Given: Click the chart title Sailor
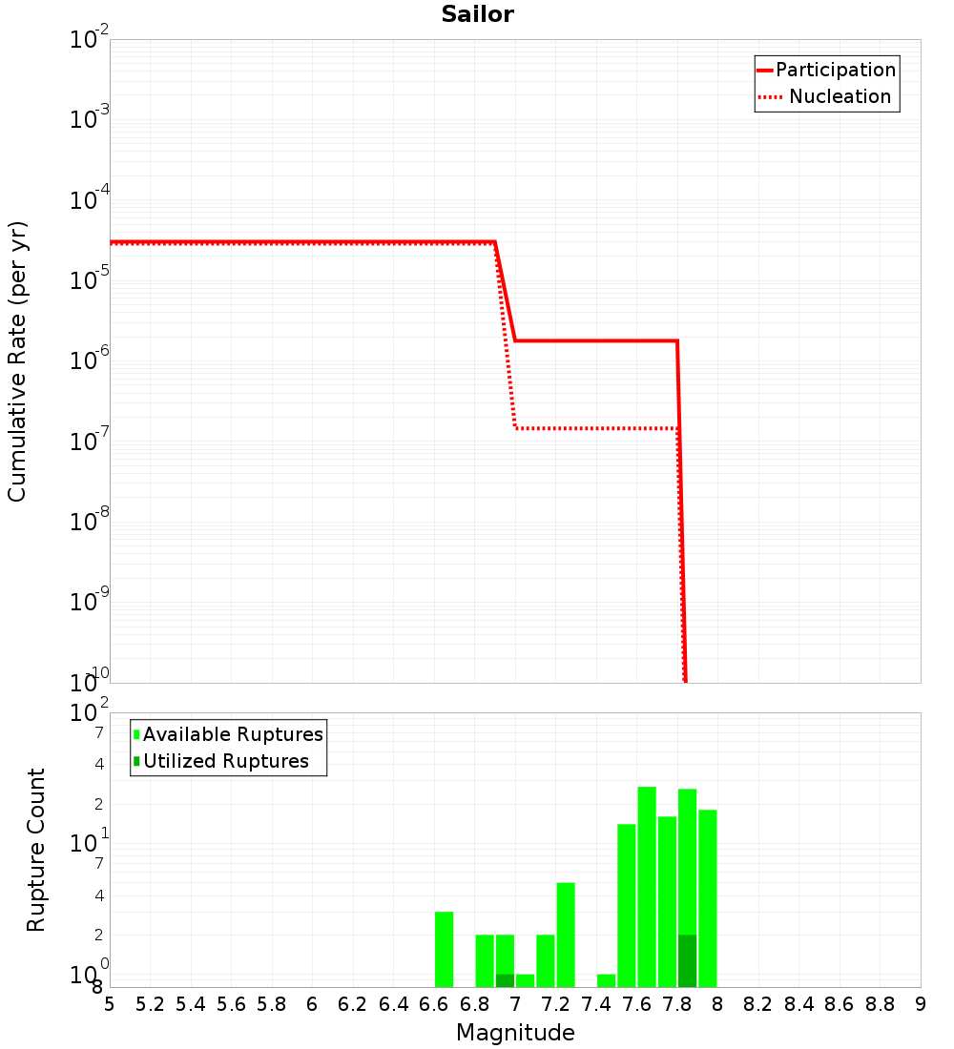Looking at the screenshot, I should [x=477, y=14].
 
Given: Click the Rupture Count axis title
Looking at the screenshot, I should [x=36, y=850].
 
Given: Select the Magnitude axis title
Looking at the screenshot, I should [x=515, y=1033].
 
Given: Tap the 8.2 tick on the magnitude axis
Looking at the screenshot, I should [x=758, y=1004].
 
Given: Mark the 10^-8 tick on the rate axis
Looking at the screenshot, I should [x=88, y=521].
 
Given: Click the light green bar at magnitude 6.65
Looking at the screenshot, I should [x=444, y=949].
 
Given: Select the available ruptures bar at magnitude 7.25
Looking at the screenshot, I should [x=566, y=935].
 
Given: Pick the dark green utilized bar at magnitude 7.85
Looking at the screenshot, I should [x=687, y=960].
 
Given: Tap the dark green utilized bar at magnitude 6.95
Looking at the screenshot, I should [x=505, y=980].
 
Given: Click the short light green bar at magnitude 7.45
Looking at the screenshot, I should [x=606, y=980].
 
